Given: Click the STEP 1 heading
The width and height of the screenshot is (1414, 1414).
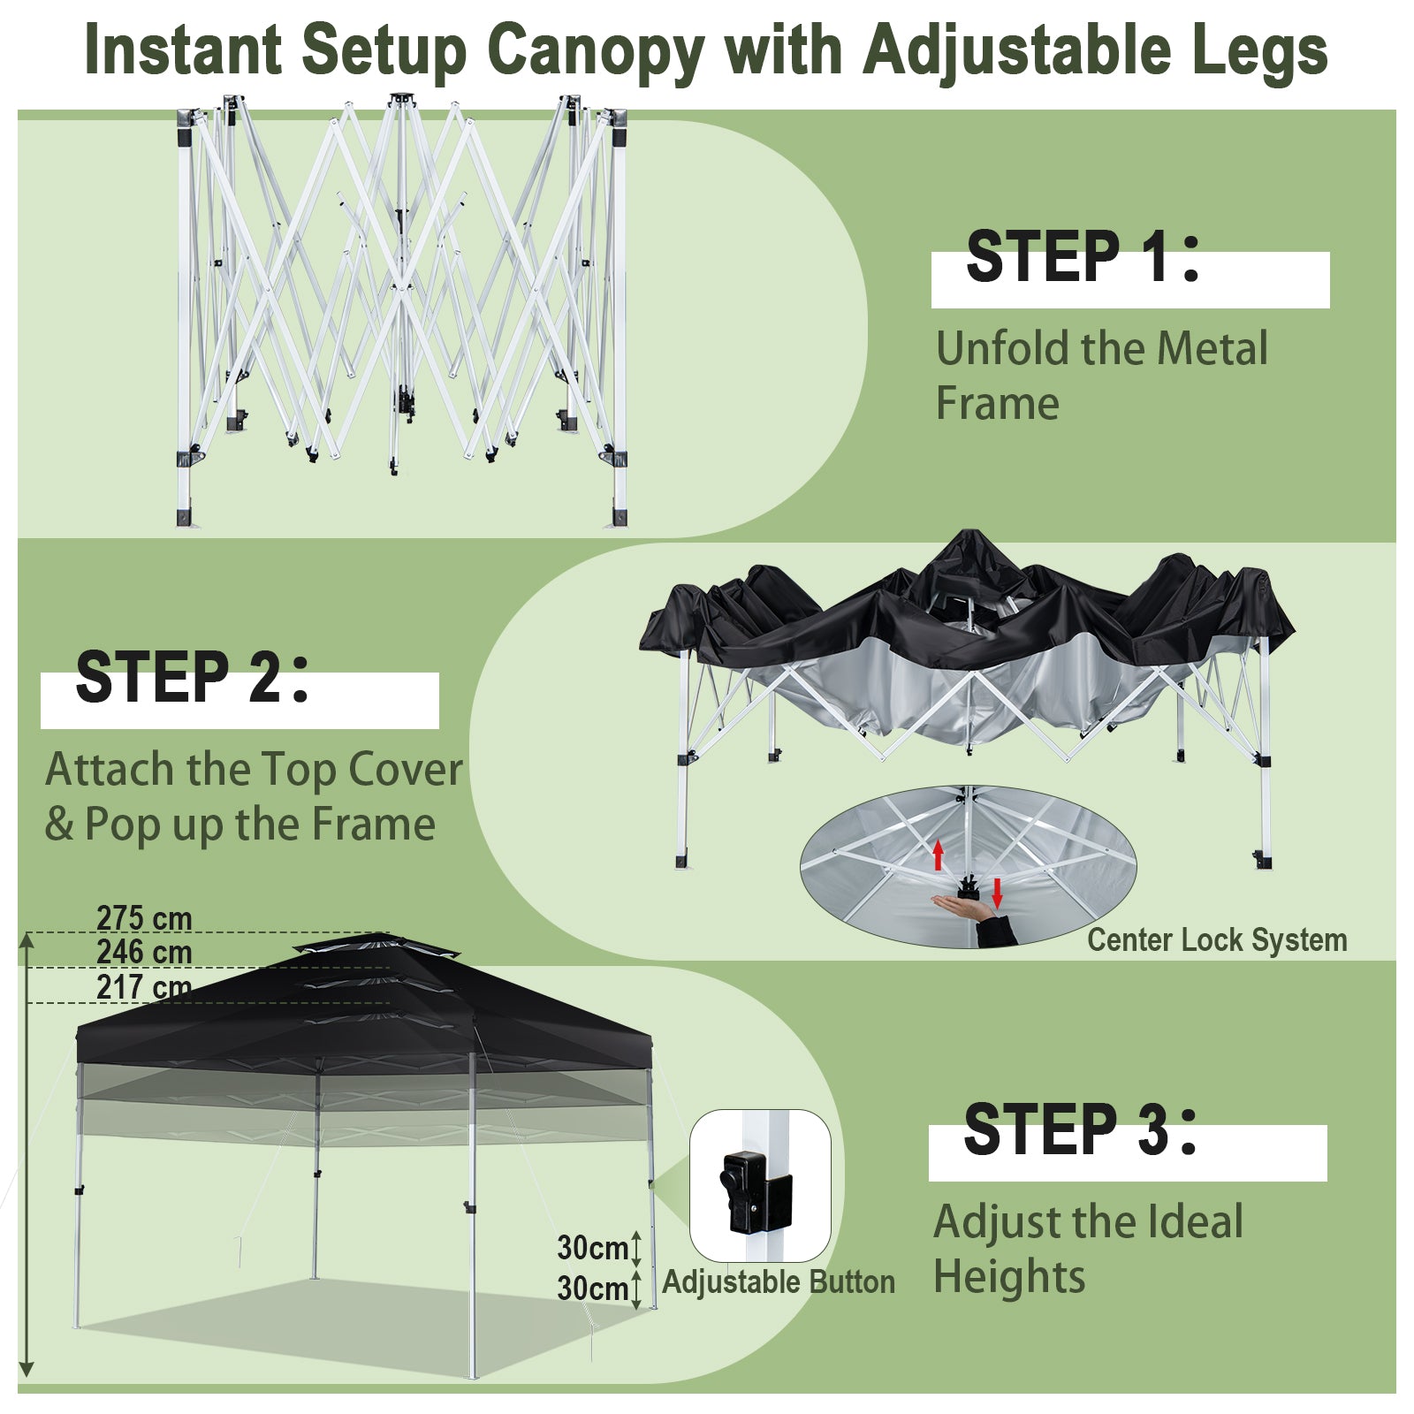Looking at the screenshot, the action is click(1083, 256).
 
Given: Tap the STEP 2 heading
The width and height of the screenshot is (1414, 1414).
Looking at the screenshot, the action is click(193, 677).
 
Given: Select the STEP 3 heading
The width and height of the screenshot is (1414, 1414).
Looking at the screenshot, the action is click(1081, 1129).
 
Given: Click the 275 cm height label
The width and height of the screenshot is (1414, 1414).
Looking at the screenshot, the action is click(144, 918).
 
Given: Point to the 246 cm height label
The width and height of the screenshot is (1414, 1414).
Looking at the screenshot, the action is click(144, 953).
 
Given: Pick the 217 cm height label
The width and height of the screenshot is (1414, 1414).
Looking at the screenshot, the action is click(144, 987).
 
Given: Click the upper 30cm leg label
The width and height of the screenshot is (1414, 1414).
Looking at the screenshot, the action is click(592, 1248).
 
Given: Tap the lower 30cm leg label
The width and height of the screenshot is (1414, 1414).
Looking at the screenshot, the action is click(592, 1289).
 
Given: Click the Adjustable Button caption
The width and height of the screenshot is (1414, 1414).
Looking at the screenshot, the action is click(779, 1281).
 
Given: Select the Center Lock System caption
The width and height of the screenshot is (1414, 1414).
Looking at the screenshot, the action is click(1217, 939).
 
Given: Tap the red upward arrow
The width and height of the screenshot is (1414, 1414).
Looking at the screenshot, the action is click(939, 855).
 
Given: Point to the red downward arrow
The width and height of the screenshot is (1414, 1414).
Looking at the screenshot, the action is click(998, 893).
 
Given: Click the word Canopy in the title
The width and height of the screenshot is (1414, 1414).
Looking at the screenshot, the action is click(595, 51).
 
